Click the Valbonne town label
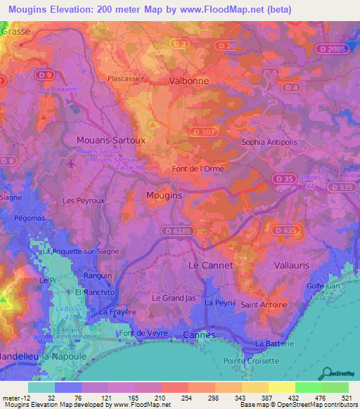189,81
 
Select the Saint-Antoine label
264,305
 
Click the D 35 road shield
285,180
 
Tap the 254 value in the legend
175,397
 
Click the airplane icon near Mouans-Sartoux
72,164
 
